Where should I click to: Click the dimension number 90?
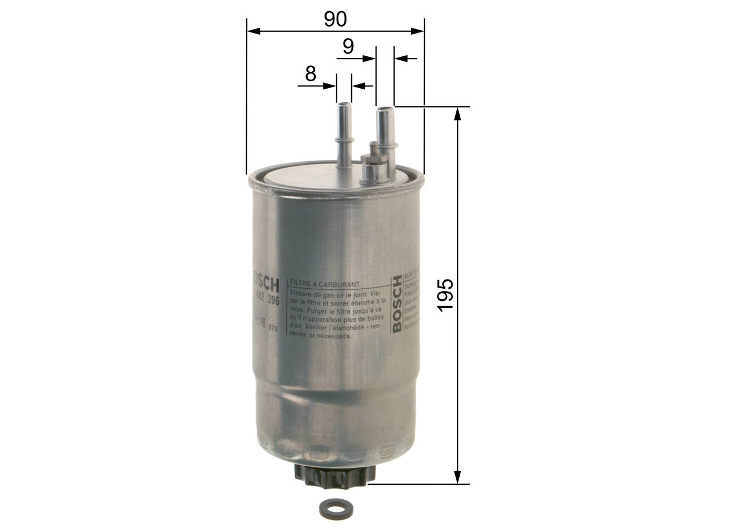click(x=335, y=19)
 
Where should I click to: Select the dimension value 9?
click(x=348, y=46)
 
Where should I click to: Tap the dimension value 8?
click(x=311, y=74)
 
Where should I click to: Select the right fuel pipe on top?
click(x=384, y=131)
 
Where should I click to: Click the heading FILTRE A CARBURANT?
click(x=326, y=285)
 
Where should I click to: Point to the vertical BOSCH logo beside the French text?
click(x=397, y=304)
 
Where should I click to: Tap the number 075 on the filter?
click(x=273, y=329)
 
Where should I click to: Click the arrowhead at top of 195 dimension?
click(x=459, y=113)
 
